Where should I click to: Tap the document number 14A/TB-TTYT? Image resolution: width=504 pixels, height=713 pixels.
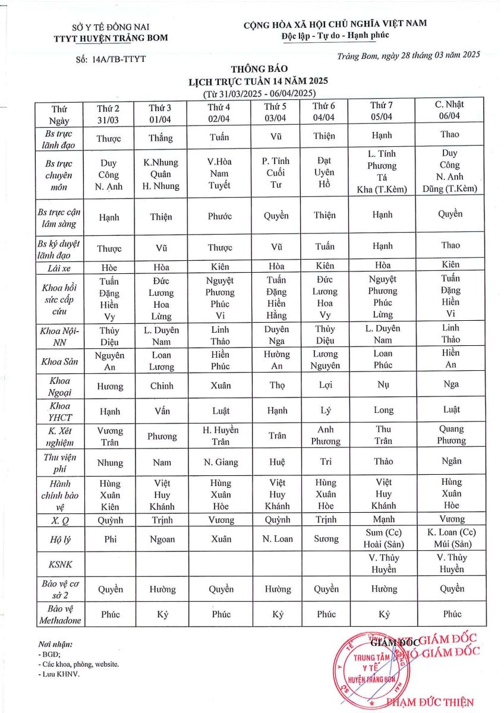pyautogui.click(x=111, y=59)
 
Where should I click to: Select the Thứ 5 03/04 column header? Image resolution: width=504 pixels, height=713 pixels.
pyautogui.click(x=276, y=112)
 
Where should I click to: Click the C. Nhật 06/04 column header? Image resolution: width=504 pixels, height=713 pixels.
pyautogui.click(x=449, y=111)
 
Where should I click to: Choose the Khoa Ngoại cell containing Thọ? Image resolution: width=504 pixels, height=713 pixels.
pyautogui.click(x=276, y=386)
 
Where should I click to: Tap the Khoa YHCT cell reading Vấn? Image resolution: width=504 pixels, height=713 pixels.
pyautogui.click(x=161, y=410)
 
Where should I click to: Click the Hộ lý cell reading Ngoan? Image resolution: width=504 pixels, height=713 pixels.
pyautogui.click(x=162, y=540)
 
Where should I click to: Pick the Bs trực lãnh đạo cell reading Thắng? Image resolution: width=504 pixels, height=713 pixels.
pyautogui.click(x=161, y=138)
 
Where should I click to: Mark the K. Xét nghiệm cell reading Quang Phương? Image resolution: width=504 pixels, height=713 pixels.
pyautogui.click(x=451, y=435)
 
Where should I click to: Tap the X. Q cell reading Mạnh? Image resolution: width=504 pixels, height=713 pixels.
pyautogui.click(x=383, y=520)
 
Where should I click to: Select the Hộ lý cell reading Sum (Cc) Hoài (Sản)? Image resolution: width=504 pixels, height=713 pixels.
pyautogui.click(x=383, y=538)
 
